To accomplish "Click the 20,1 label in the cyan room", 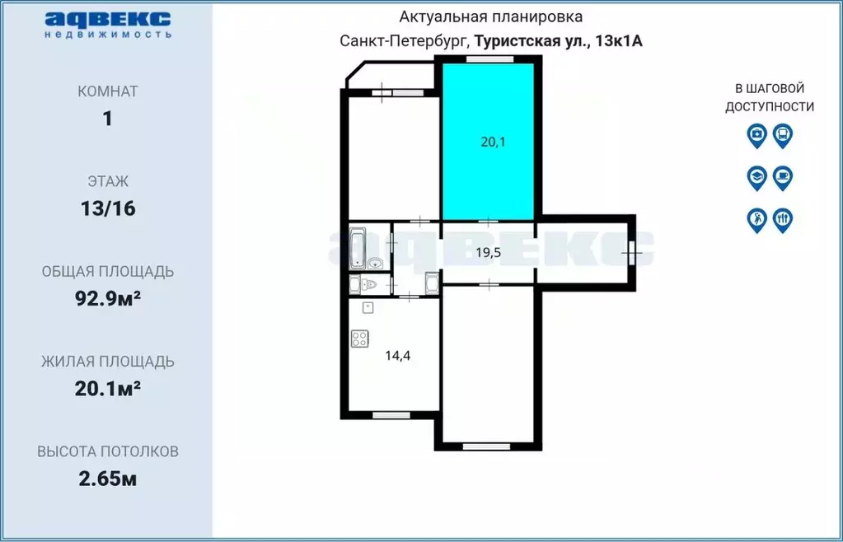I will coord(493,142).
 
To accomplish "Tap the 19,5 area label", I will coord(489,253).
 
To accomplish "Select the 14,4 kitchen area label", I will coord(398,356).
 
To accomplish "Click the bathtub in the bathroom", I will coord(358,248).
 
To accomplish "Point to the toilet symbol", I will coord(368,285).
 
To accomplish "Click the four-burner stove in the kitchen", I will coord(359,339).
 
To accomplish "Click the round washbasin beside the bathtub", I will coord(375,264).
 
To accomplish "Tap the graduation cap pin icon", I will coord(756,177).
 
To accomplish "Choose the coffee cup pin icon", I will coord(783,177).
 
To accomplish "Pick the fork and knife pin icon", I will coord(783,220).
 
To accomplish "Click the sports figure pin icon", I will coord(756,220).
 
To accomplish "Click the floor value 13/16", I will coord(107,208).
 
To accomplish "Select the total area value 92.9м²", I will coord(107,298).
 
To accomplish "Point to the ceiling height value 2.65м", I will coord(107,479).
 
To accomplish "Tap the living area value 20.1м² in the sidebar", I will coord(107,388).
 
